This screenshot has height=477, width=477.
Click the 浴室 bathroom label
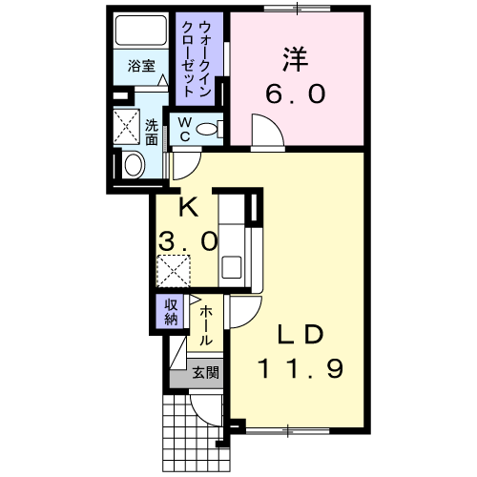click(x=142, y=66)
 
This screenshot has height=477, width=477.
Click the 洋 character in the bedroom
click(x=294, y=58)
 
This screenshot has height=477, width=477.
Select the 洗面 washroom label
click(x=153, y=132)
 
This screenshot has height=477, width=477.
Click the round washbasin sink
click(x=133, y=164)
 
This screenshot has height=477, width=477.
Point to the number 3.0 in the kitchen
click(x=187, y=241)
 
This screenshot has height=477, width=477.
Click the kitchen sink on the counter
click(x=231, y=266)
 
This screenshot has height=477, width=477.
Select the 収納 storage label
click(x=172, y=312)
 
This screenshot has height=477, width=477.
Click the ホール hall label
click(x=206, y=323)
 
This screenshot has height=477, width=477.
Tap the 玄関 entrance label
click(x=205, y=373)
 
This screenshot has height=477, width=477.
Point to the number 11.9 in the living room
click(x=299, y=366)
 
